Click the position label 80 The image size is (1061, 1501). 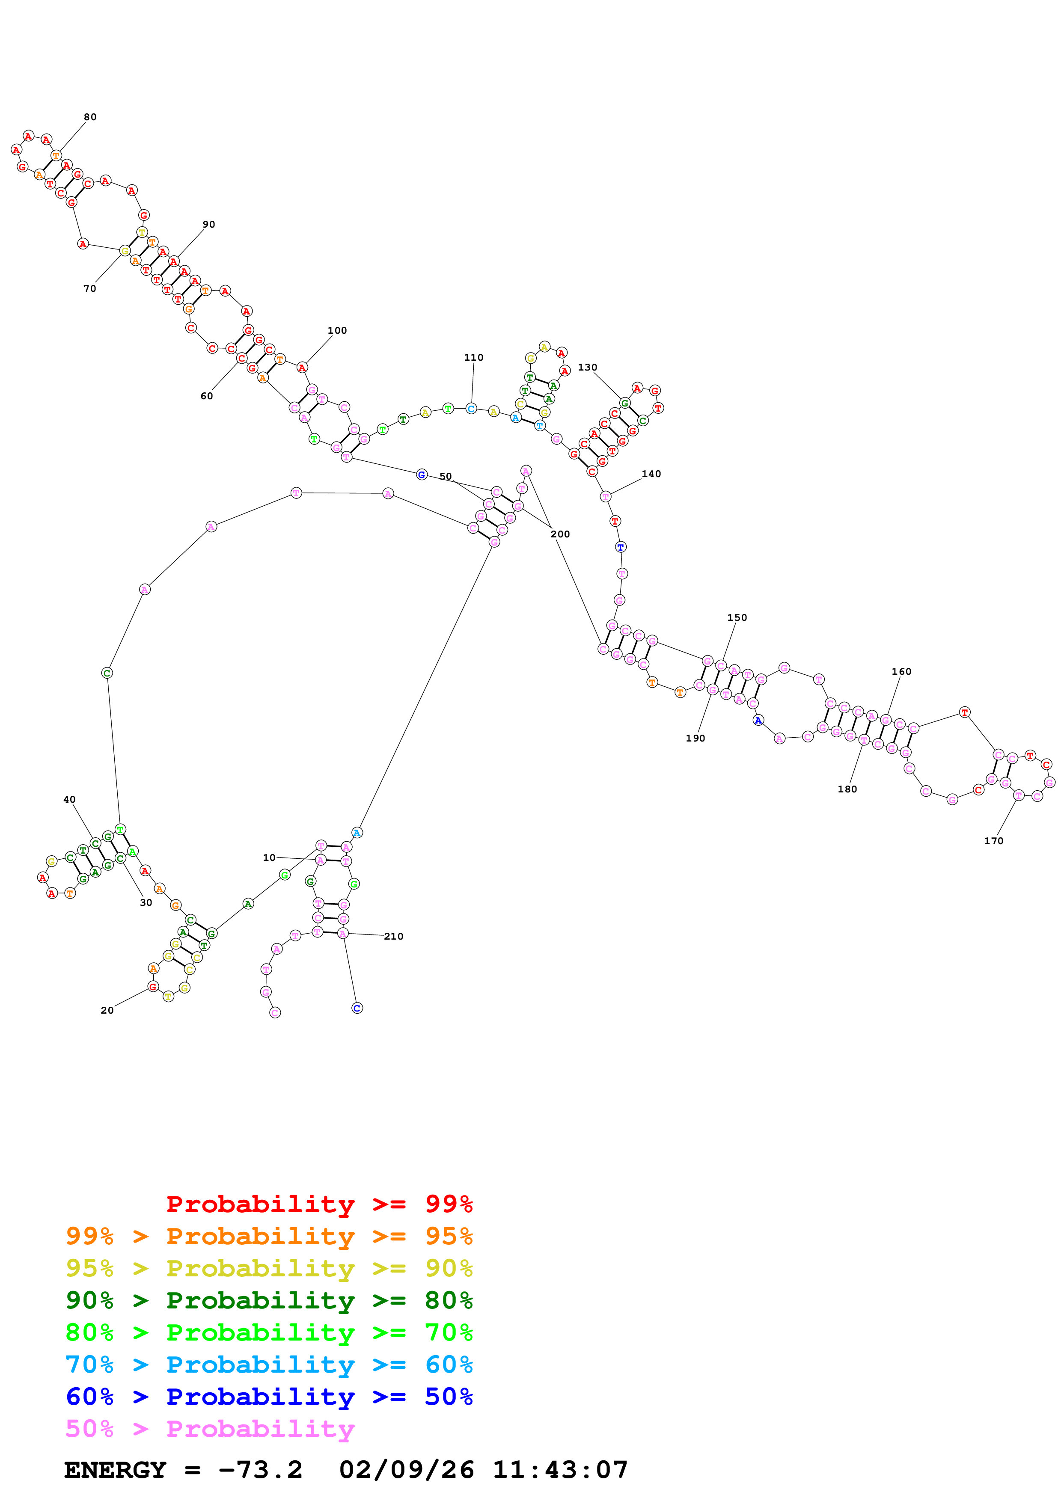pyautogui.click(x=90, y=117)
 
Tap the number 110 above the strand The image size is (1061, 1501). pyautogui.click(x=473, y=358)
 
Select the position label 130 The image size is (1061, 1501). pyautogui.click(x=587, y=368)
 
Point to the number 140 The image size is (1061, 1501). pyautogui.click(x=651, y=474)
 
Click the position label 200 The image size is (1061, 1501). pyautogui.click(x=560, y=534)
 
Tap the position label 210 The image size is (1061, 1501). pyautogui.click(x=394, y=936)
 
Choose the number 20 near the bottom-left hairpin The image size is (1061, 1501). pyautogui.click(x=107, y=1010)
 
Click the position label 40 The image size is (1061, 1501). pyautogui.click(x=69, y=800)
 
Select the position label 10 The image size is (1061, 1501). pyautogui.click(x=269, y=858)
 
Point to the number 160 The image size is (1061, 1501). pyautogui.click(x=901, y=671)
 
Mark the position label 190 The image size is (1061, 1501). pyautogui.click(x=695, y=738)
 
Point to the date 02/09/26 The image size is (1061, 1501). pyautogui.click(x=406, y=1470)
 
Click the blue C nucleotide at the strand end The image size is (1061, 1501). pyautogui.click(x=357, y=1008)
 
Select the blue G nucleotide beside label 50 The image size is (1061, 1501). pyautogui.click(x=422, y=475)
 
